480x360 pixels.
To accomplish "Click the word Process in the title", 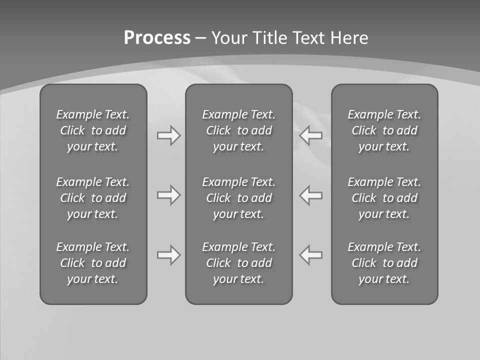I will pyautogui.click(x=157, y=38).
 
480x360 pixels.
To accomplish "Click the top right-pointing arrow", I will pyautogui.click(x=168, y=135).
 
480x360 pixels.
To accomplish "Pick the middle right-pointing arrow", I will pyautogui.click(x=168, y=195).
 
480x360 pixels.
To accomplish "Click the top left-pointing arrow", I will pyautogui.click(x=311, y=135).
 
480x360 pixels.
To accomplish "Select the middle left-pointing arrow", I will pyautogui.click(x=311, y=195).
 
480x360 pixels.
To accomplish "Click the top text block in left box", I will pyautogui.click(x=93, y=130).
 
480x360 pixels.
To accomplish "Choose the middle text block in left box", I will pyautogui.click(x=93, y=198).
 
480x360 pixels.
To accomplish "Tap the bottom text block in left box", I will pyautogui.click(x=93, y=263).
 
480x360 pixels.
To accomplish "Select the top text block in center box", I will pyautogui.click(x=238, y=130).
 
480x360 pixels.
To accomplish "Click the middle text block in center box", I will pyautogui.click(x=238, y=198).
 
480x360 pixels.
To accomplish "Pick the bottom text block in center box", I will pyautogui.click(x=238, y=263).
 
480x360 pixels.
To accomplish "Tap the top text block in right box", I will pyautogui.click(x=384, y=130).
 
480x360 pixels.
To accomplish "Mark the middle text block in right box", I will pyautogui.click(x=384, y=198).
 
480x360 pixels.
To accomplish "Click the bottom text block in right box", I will pyautogui.click(x=384, y=263).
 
